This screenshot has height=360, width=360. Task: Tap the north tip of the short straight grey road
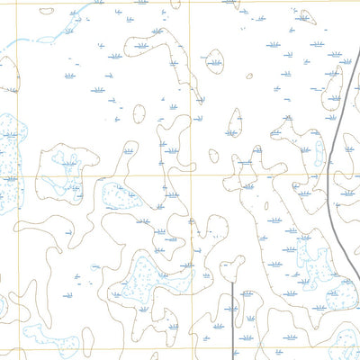(x=233, y=282)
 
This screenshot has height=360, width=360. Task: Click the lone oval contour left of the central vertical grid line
(x=138, y=113)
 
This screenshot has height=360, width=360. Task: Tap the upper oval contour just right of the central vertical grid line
(x=215, y=60)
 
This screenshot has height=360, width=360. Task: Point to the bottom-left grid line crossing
(x=36, y=347)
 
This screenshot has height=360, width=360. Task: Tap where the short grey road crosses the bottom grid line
(x=233, y=347)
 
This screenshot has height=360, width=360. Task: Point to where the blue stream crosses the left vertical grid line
(x=36, y=40)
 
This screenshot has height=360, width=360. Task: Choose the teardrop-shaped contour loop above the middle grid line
(x=235, y=123)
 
